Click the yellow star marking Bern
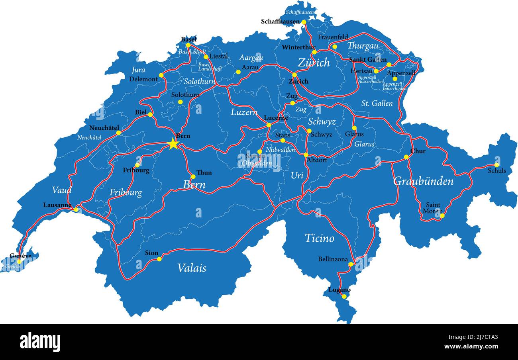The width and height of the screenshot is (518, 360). pyautogui.click(x=173, y=144)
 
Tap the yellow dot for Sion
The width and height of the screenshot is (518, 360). pyautogui.click(x=159, y=259)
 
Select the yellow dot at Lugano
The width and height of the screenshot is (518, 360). pyautogui.click(x=344, y=296)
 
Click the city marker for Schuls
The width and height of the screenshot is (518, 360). pyautogui.click(x=496, y=165)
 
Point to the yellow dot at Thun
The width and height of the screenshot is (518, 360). pyautogui.click(x=193, y=176)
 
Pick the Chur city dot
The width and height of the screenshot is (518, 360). pyautogui.click(x=406, y=157)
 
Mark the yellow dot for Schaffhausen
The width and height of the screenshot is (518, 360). pyautogui.click(x=304, y=22)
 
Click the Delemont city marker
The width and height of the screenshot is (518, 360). pyautogui.click(x=161, y=75)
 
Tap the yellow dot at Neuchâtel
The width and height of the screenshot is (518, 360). pyautogui.click(x=118, y=133)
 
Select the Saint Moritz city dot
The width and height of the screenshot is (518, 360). pyautogui.click(x=442, y=216)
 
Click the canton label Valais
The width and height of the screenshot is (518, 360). pyautogui.click(x=192, y=268)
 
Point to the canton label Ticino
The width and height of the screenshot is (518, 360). pyautogui.click(x=319, y=239)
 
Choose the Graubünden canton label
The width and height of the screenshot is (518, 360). pyautogui.click(x=423, y=182)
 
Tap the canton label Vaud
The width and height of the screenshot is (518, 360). pyautogui.click(x=62, y=190)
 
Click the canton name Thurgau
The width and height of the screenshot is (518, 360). pyautogui.click(x=363, y=46)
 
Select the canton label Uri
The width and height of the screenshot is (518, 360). pyautogui.click(x=297, y=175)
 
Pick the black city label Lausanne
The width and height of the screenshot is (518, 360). pyautogui.click(x=57, y=205)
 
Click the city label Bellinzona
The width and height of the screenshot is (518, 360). pyautogui.click(x=333, y=259)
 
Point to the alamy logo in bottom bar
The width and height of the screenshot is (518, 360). pyautogui.click(x=40, y=342)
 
